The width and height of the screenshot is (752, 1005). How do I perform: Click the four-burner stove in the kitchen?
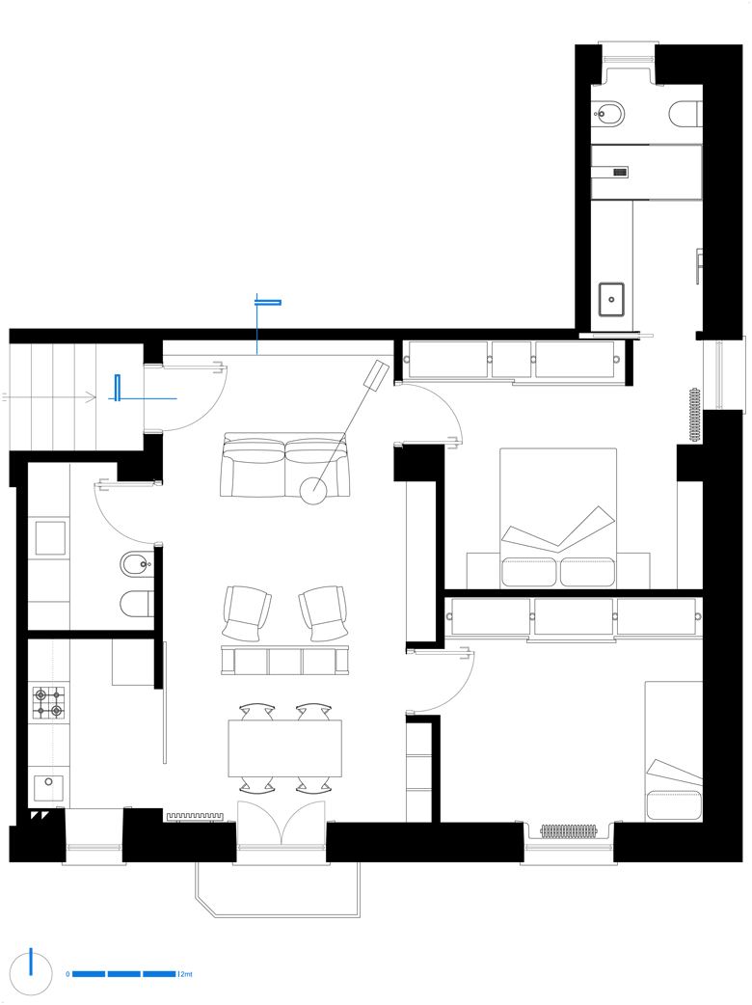point(49,702)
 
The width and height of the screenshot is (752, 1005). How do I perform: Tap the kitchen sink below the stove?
point(48,788)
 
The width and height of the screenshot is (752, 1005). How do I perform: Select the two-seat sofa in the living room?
point(284,465)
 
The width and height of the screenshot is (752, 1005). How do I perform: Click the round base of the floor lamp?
point(313,490)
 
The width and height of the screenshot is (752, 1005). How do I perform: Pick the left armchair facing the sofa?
point(247,612)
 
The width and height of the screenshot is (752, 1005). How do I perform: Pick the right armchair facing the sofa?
point(324,612)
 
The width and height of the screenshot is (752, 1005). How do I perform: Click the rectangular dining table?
point(285,748)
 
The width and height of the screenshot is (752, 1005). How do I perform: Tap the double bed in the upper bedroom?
point(558,517)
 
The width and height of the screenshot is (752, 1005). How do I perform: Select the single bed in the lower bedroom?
point(674,751)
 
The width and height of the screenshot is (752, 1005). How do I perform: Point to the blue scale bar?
point(123,974)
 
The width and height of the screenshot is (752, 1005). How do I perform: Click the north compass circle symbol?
point(31,973)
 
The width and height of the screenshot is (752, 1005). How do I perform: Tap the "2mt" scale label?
point(186,974)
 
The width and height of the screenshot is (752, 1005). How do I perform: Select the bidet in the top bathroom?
point(608,115)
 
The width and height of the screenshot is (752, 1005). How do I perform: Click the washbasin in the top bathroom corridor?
point(611,299)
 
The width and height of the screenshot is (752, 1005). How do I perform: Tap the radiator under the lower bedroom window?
point(569,831)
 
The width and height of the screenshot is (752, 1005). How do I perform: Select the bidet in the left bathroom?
point(136,564)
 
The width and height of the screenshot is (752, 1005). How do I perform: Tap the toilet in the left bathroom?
point(137,603)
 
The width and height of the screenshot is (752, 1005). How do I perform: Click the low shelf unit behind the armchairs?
point(285,660)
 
